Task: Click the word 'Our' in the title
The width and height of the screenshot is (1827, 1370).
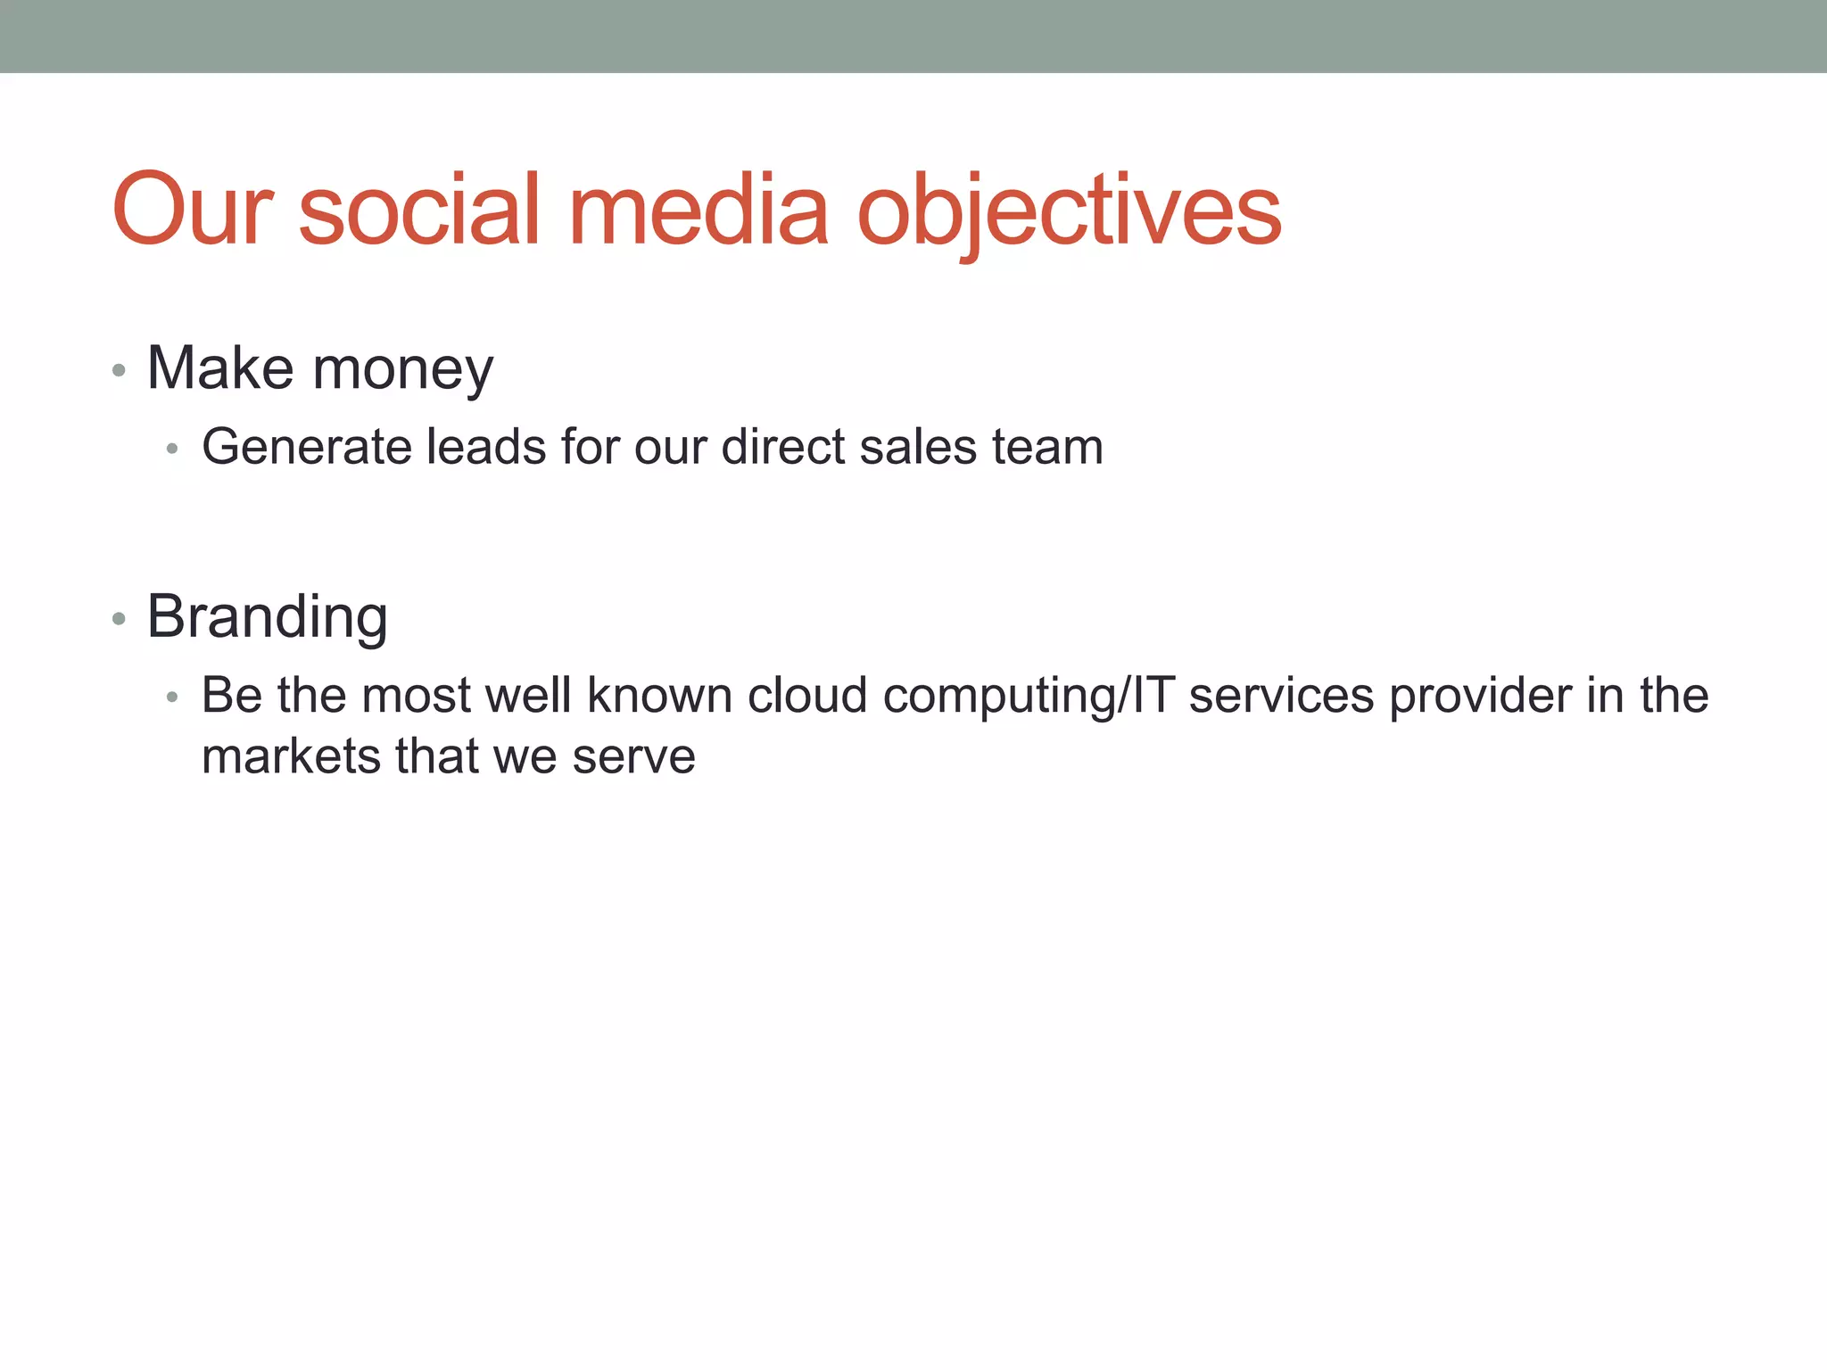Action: [192, 210]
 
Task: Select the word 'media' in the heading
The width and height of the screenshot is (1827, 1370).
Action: [699, 210]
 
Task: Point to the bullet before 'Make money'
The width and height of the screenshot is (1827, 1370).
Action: [120, 370]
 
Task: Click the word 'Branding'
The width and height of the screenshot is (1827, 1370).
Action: [267, 617]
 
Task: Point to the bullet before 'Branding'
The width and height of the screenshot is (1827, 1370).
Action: [120, 619]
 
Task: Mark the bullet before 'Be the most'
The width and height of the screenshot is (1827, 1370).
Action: [173, 697]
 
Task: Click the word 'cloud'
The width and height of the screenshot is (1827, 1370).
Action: [806, 696]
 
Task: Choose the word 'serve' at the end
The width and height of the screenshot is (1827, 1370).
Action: [633, 758]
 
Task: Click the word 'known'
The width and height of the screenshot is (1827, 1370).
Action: [659, 696]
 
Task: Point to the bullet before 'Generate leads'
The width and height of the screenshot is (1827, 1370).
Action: [173, 449]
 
